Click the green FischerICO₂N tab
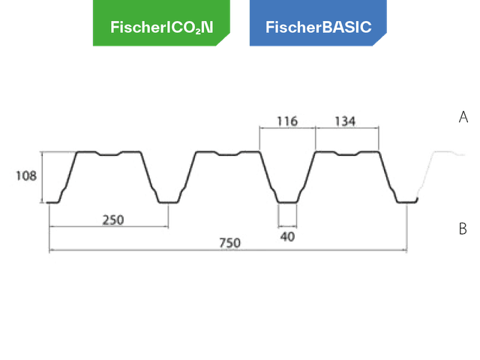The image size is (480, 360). click(161, 27)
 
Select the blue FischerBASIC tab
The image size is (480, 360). click(318, 27)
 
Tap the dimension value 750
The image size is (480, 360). click(229, 243)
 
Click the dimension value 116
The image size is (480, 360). click(287, 120)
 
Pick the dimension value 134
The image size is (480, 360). click(346, 120)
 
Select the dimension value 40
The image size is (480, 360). click(287, 236)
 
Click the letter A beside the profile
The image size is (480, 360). click(463, 117)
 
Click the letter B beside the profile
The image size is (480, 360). click(463, 229)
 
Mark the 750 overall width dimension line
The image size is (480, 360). click(150, 250)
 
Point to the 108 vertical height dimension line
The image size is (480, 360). click(40, 177)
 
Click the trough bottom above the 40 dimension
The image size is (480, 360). click(287, 202)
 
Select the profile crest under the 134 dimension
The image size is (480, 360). click(346, 152)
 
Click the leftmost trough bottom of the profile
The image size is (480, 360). click(52, 201)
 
